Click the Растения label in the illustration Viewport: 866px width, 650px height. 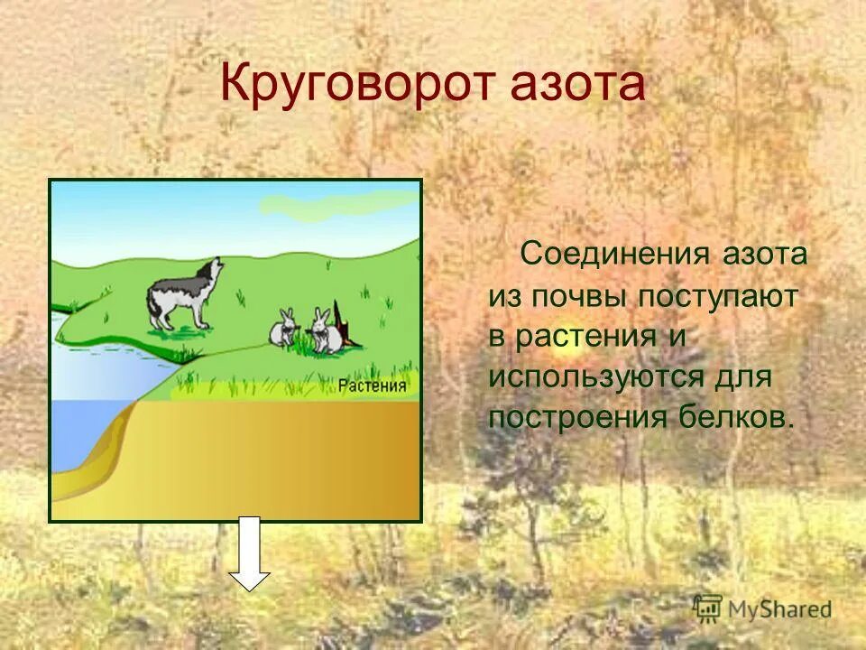point(373,387)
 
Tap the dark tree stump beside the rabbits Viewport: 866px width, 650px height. point(345,325)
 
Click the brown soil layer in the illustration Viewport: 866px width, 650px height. point(271,460)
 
